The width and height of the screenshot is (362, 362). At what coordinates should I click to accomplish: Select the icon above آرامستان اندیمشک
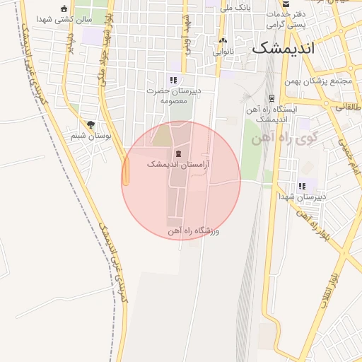[177, 153]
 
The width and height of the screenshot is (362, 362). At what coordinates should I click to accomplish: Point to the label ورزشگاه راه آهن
[194, 230]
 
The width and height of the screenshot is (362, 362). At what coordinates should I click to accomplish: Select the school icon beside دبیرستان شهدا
[303, 186]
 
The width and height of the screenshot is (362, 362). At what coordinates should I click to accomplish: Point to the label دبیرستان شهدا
[302, 197]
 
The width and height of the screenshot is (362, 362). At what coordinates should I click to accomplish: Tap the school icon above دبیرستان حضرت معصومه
[173, 80]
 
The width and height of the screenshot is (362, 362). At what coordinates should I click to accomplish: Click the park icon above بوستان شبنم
[90, 124]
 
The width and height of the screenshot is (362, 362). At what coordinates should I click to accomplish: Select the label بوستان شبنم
[88, 135]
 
